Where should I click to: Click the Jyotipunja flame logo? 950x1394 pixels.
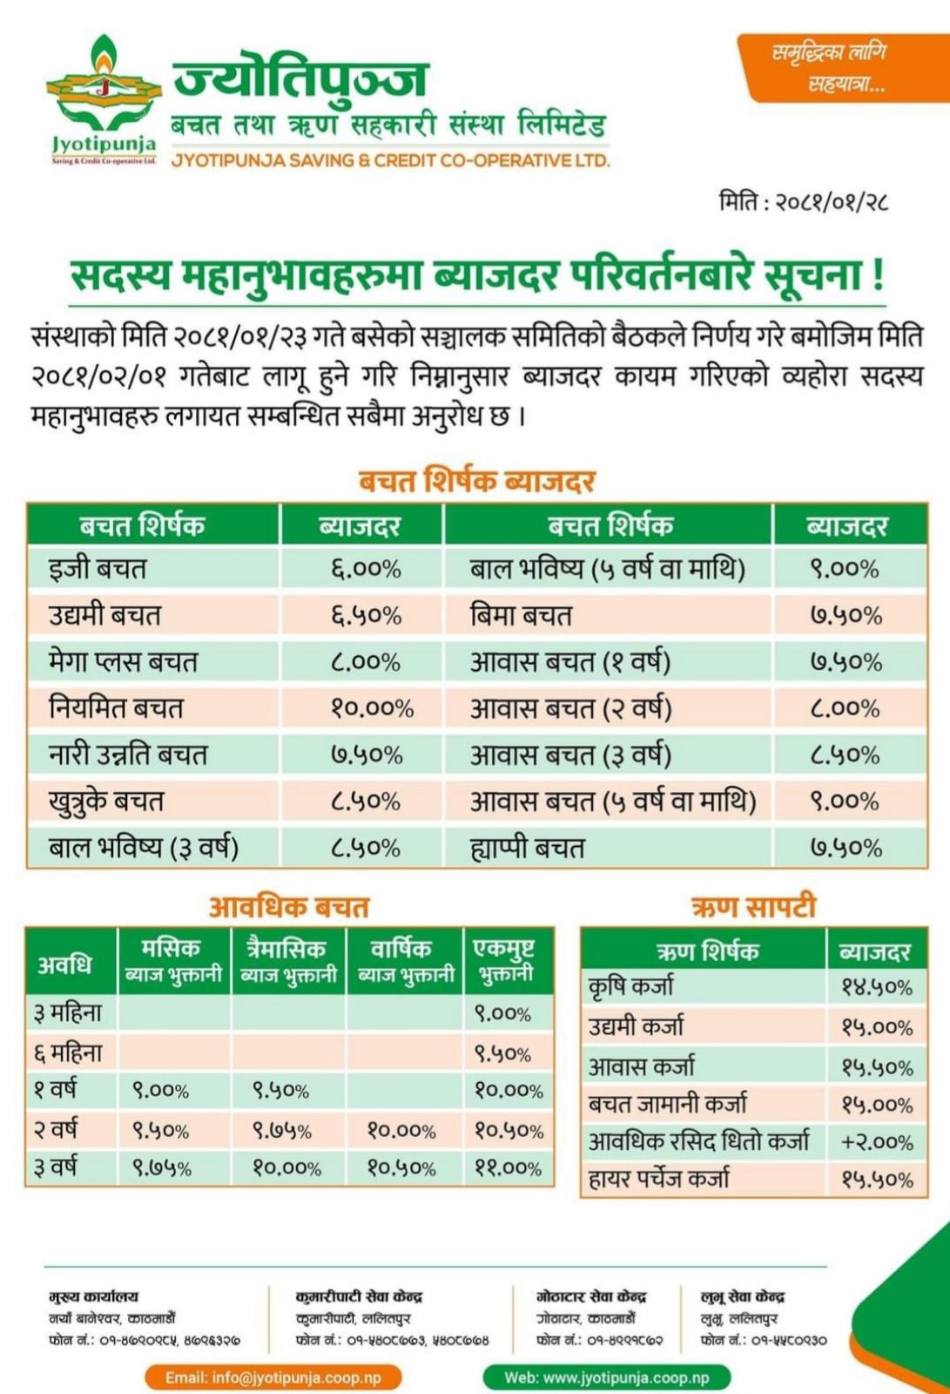[x=104, y=99]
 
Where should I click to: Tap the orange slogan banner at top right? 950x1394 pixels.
[x=843, y=68]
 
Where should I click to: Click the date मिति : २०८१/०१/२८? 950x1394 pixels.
[x=803, y=202]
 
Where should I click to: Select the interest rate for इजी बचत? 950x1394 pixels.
[x=367, y=569]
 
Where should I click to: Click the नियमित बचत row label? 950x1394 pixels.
[x=116, y=708]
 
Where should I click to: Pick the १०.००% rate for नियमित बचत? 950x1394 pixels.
[x=372, y=708]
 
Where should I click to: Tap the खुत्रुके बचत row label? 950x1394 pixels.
[x=105, y=801]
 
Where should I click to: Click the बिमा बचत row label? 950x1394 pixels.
[x=520, y=615]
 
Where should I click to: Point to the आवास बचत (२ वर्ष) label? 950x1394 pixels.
[x=570, y=708]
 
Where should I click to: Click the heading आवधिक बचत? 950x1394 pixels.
[x=289, y=907]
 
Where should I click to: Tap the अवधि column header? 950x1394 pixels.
[x=64, y=964]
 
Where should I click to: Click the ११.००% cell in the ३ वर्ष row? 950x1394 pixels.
[x=509, y=1168]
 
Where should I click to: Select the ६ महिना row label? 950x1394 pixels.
[x=69, y=1053]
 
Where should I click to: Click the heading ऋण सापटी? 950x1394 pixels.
[x=753, y=907]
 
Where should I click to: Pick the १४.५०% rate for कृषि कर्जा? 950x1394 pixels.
[x=877, y=988]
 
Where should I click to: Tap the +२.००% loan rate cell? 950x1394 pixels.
[x=877, y=1142]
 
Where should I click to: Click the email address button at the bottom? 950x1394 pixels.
[x=273, y=1377]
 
